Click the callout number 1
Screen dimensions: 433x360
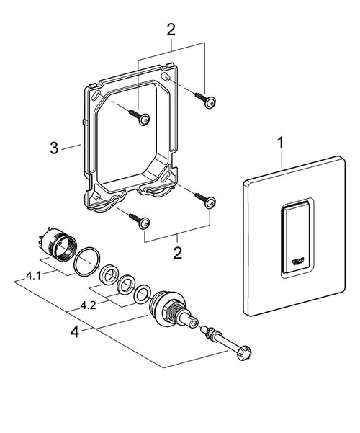tap(278, 144)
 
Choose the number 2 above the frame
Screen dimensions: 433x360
tap(171, 30)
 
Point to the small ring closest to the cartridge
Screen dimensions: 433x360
tap(143, 291)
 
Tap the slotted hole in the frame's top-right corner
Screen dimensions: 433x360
tap(166, 76)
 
